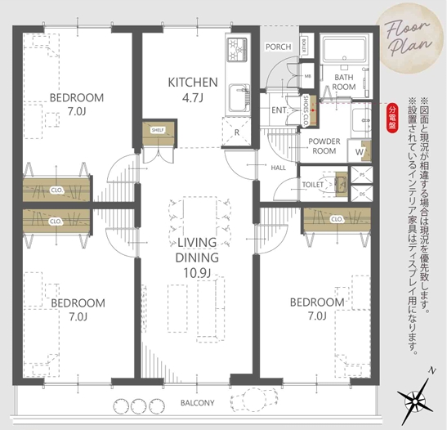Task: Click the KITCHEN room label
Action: point(192,82)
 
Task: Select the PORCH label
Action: point(278,47)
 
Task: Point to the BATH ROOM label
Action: point(343,82)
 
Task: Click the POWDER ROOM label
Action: point(324,146)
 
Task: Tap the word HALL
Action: point(277,168)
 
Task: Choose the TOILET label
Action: point(313,185)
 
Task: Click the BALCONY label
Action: point(197,403)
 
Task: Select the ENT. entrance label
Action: point(278,110)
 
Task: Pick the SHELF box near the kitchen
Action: point(157,129)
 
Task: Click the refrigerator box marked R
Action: point(236,131)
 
